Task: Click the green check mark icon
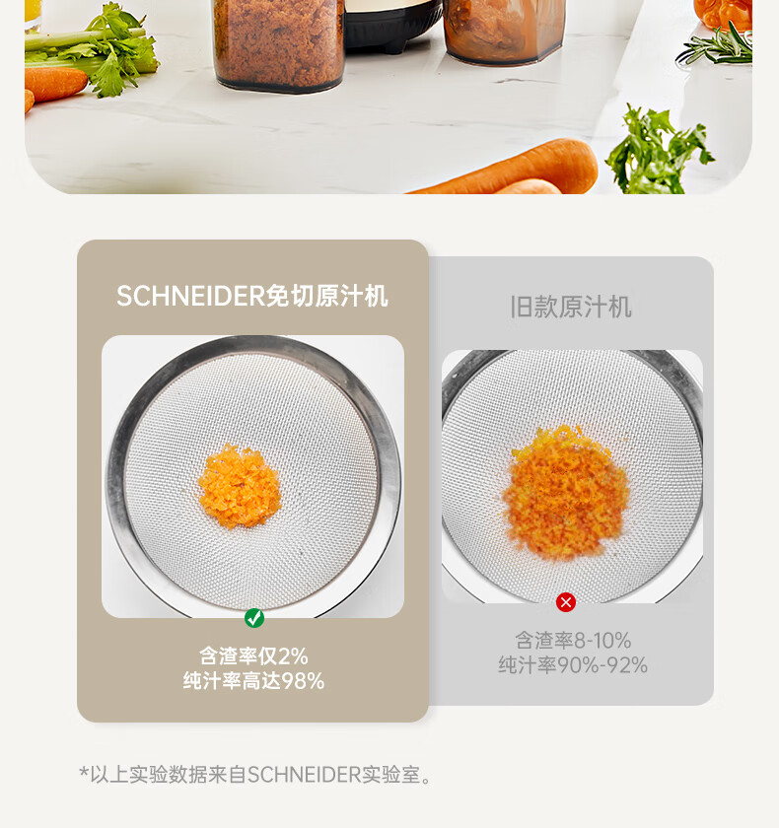254,618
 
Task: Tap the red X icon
566,602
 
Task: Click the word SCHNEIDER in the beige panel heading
190,296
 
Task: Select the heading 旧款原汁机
571,307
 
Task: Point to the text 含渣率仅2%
253,655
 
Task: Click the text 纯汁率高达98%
253,681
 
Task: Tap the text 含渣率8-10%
573,641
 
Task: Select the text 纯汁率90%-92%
573,664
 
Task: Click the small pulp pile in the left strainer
240,486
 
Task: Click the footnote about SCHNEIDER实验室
255,775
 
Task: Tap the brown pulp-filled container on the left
279,45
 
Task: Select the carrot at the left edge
55,84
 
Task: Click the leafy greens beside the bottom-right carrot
658,151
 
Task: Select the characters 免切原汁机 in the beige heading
327,296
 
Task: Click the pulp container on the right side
504,32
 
